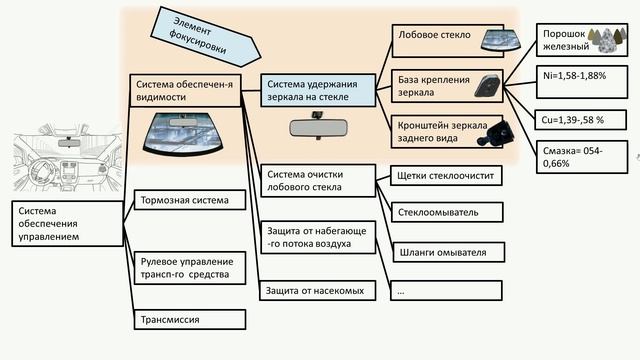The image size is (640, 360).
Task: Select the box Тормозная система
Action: [189, 200]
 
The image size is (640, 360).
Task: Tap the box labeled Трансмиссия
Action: [189, 319]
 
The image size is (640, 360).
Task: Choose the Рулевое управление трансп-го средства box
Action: [189, 267]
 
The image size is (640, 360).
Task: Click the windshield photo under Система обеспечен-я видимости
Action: [190, 132]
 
